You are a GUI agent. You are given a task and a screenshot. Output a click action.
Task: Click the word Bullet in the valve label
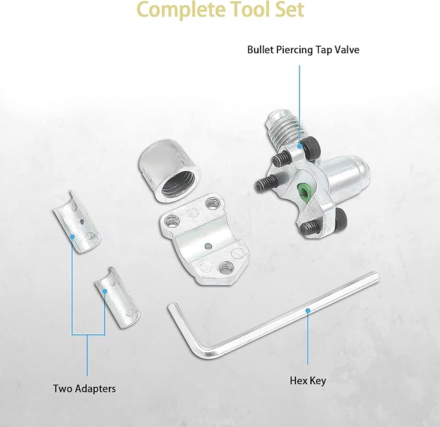[x=261, y=50]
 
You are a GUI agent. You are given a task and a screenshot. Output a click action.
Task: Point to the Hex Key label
[x=308, y=381]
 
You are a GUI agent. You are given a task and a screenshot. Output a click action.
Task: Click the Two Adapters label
[x=84, y=389]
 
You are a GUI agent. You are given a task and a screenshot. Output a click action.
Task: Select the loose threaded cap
[x=170, y=171]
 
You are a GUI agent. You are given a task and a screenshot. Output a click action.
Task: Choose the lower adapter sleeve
[x=117, y=297]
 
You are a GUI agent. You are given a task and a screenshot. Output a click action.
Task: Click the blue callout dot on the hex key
[x=308, y=311]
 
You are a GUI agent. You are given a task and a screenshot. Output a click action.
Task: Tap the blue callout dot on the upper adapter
[x=72, y=237]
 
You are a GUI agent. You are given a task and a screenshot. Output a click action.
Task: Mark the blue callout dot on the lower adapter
[x=105, y=291]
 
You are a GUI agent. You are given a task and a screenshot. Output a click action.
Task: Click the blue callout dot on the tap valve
[x=299, y=146]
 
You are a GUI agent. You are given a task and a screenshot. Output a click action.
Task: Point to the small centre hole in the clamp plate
[x=208, y=246]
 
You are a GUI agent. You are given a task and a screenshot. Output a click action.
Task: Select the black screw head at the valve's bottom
[x=338, y=217]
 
